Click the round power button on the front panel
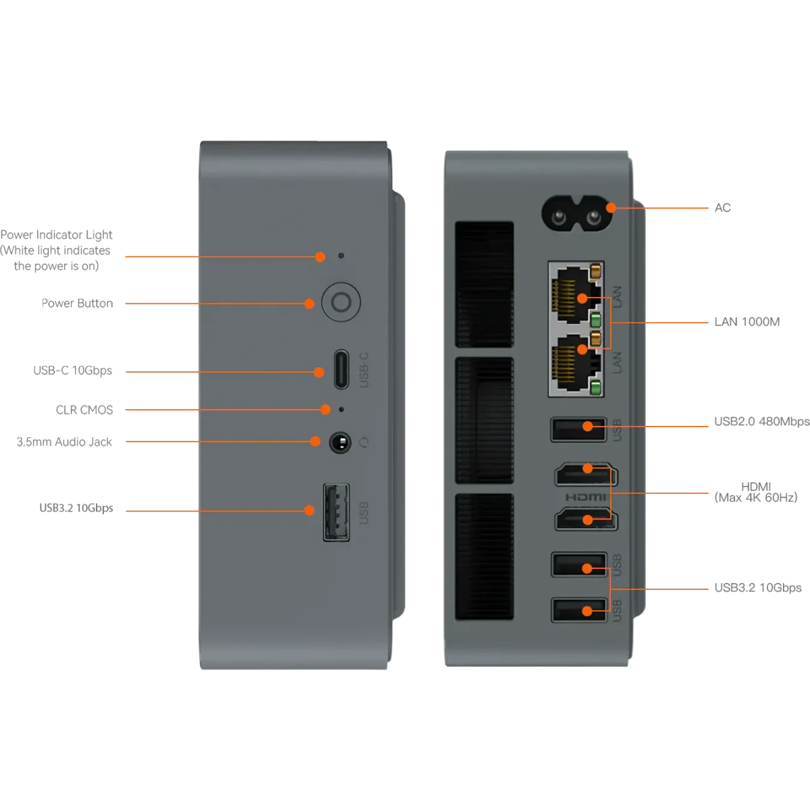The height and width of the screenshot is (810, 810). point(341,303)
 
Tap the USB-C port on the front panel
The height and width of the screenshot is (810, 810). point(342,369)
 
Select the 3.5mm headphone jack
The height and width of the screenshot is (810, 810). point(340,442)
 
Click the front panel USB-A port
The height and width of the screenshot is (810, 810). point(336,512)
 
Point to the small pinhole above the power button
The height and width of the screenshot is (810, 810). point(341,256)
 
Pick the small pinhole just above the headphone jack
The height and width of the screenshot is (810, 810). point(341,409)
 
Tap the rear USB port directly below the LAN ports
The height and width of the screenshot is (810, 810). point(578,429)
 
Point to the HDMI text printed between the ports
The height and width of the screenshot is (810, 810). point(585,497)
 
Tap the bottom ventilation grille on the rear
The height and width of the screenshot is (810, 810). point(484,556)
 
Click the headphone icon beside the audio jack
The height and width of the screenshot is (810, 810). point(364,442)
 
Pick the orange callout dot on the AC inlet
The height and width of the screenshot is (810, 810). point(611,207)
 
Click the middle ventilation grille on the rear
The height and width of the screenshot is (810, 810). point(484,420)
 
